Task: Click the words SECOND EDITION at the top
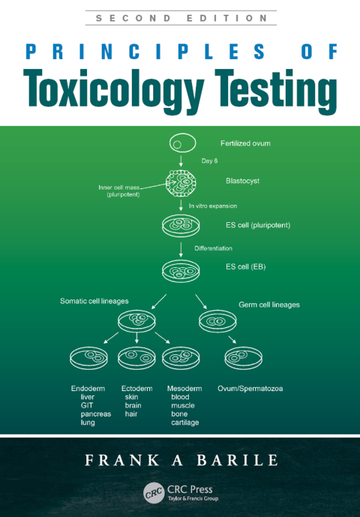coord(181,18)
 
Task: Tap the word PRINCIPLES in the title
coord(145,52)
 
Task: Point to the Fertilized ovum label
coord(245,143)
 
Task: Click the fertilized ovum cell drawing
coord(183,143)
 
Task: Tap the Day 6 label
coord(209,161)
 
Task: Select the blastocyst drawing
coord(181,183)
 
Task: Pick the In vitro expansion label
coord(213,206)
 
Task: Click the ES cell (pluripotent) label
coord(258,226)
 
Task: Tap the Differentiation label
coord(213,248)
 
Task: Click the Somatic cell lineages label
coord(94,301)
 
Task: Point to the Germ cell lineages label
coord(269,305)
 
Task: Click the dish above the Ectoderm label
coord(136,358)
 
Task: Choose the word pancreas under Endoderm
coord(96,414)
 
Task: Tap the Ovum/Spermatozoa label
coord(250,389)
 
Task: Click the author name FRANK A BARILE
coord(181,460)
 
